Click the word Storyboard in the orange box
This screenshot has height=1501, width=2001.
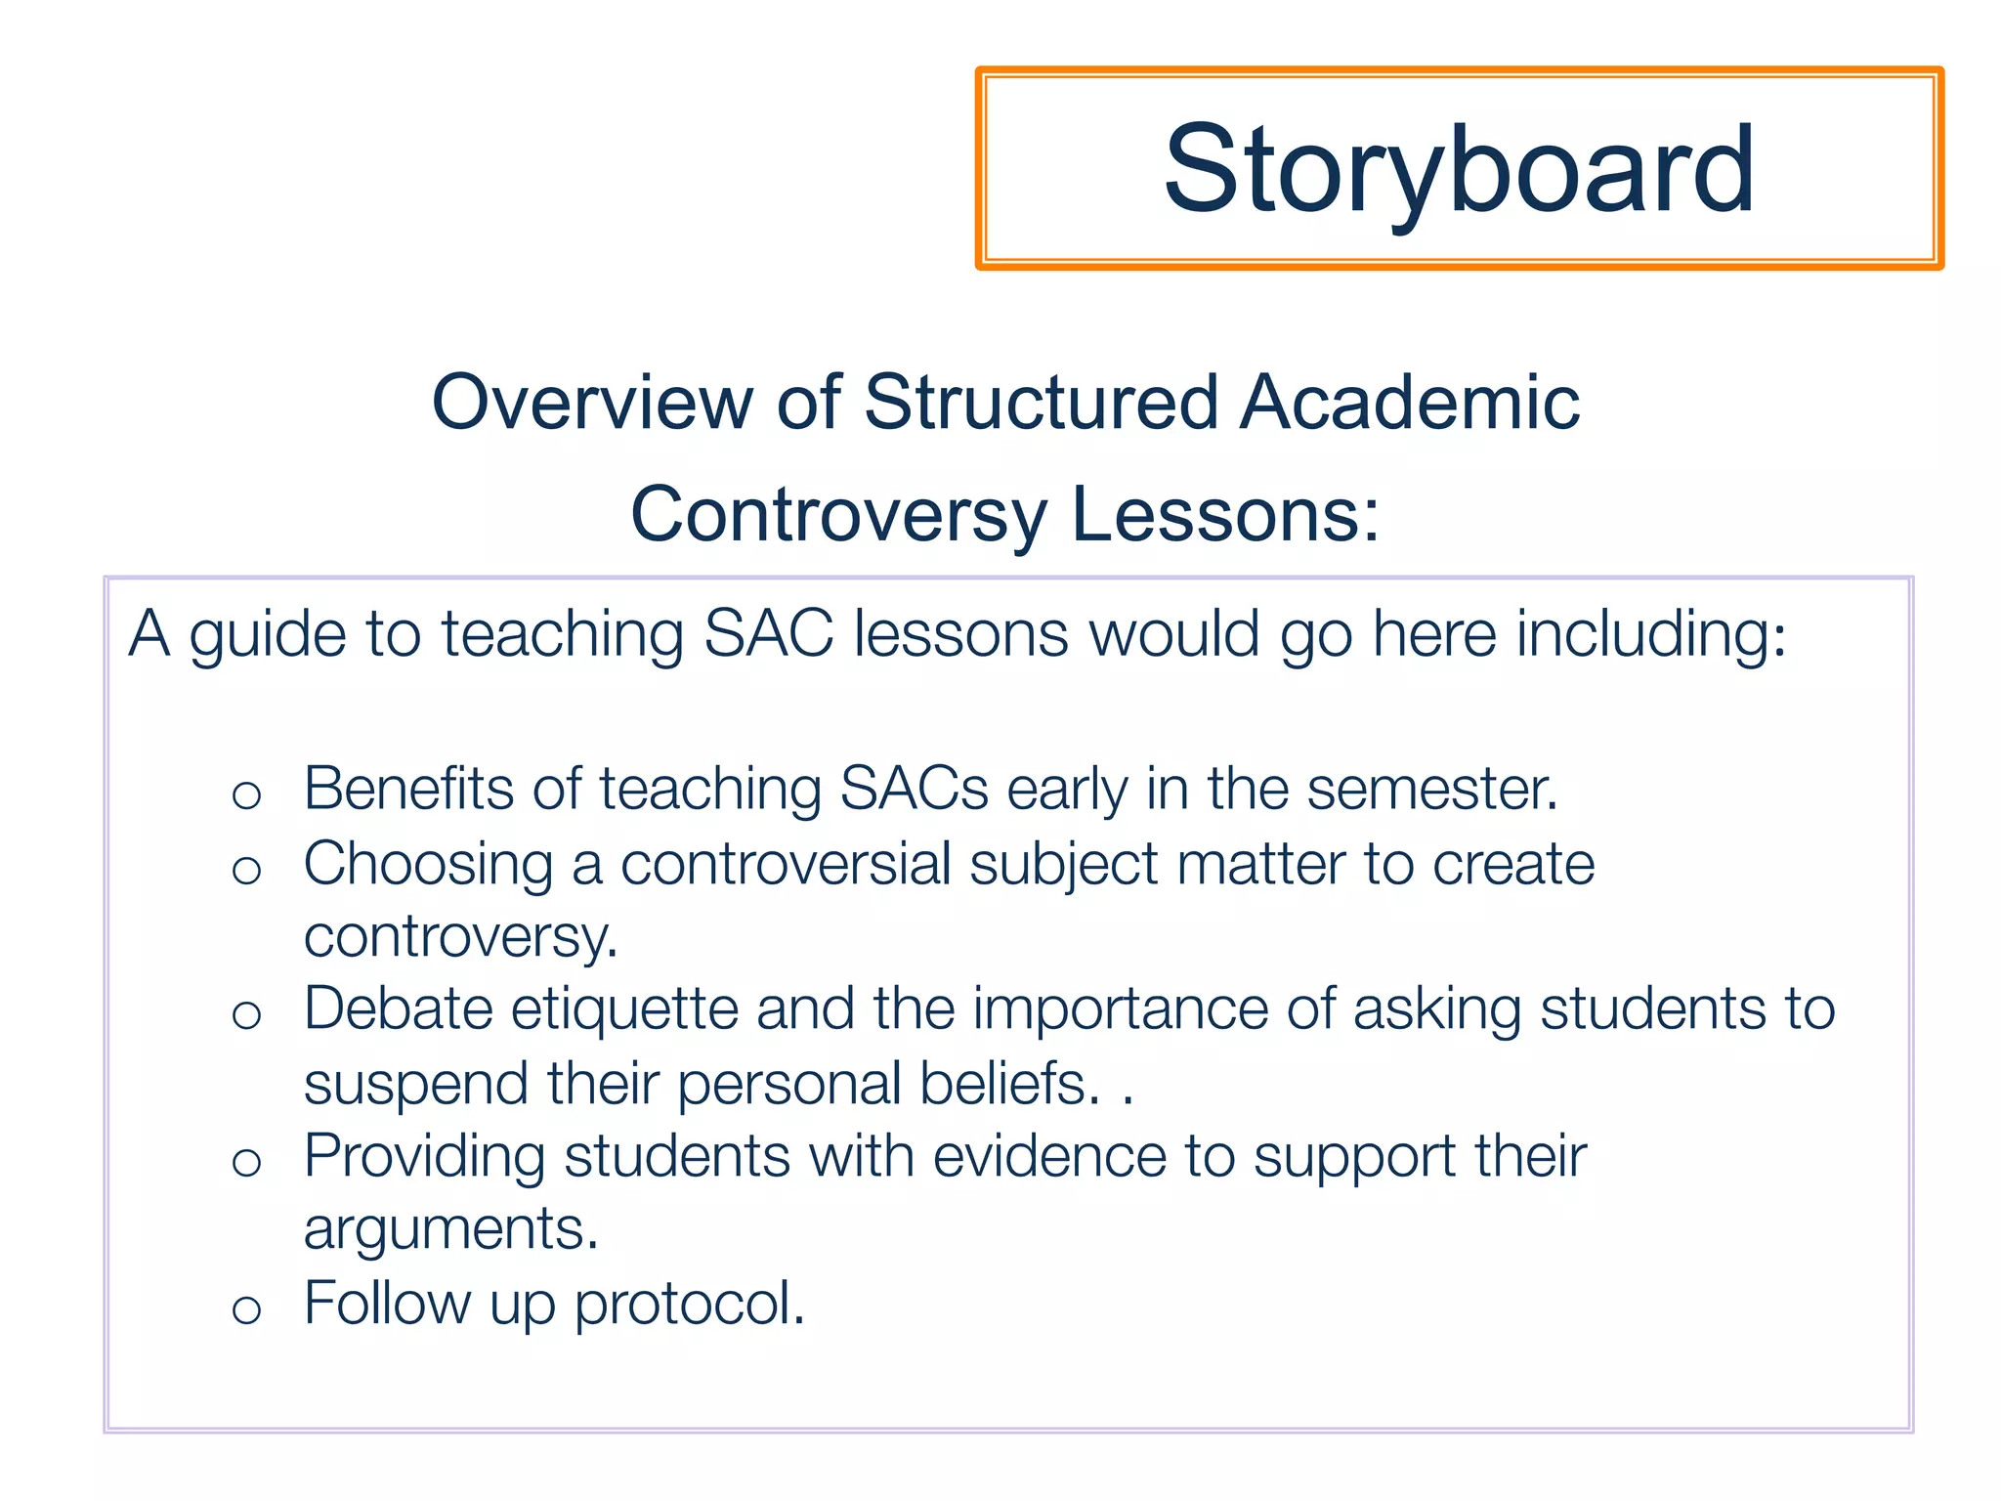point(1459,169)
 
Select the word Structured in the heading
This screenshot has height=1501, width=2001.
point(1041,402)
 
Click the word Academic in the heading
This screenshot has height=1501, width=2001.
point(1410,402)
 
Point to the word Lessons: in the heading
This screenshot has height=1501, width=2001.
point(1225,515)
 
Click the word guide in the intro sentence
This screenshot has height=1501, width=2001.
point(268,634)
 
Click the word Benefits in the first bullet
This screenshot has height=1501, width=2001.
point(407,788)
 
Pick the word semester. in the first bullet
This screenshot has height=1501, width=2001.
point(1432,788)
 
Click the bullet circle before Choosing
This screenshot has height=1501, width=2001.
point(246,870)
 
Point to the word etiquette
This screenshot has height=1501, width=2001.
point(624,1008)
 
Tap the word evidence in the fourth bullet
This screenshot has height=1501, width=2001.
point(1049,1156)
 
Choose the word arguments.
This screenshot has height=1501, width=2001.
point(450,1228)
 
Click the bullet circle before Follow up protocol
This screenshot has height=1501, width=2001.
point(246,1309)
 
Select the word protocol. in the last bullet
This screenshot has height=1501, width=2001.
point(690,1304)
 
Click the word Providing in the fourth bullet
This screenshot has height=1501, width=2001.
point(424,1156)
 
